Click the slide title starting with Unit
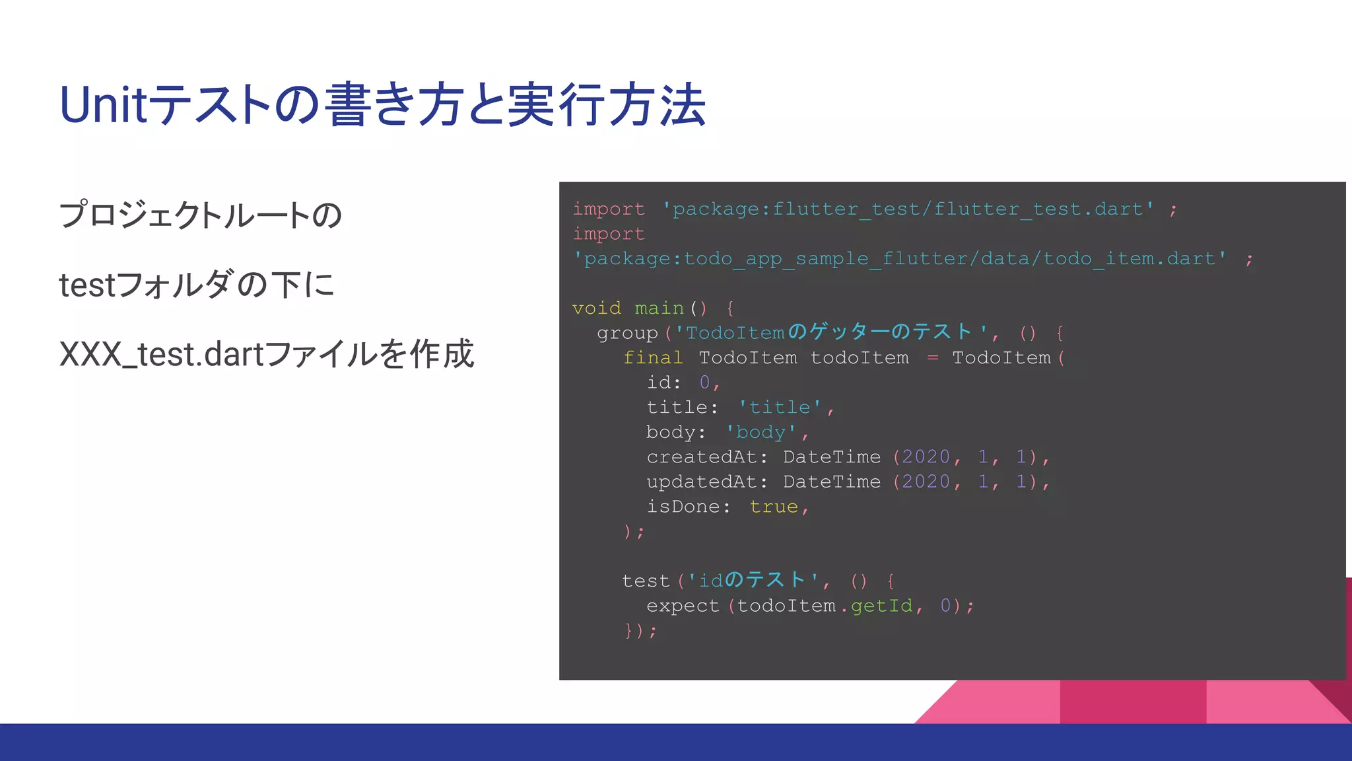[x=383, y=105]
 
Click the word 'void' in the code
[x=596, y=308]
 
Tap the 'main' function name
[x=659, y=308]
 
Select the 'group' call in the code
[x=627, y=333]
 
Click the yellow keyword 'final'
[x=652, y=358]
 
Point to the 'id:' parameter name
[x=663, y=382]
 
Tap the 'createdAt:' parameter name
[x=706, y=457]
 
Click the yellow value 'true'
[x=774, y=507]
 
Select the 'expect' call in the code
[x=682, y=606]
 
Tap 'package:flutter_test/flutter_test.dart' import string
[x=908, y=209]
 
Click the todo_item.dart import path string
[x=899, y=259]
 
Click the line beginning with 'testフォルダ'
[x=197, y=285]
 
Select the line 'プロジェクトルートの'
[x=200, y=215]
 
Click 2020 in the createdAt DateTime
[x=926, y=457]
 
